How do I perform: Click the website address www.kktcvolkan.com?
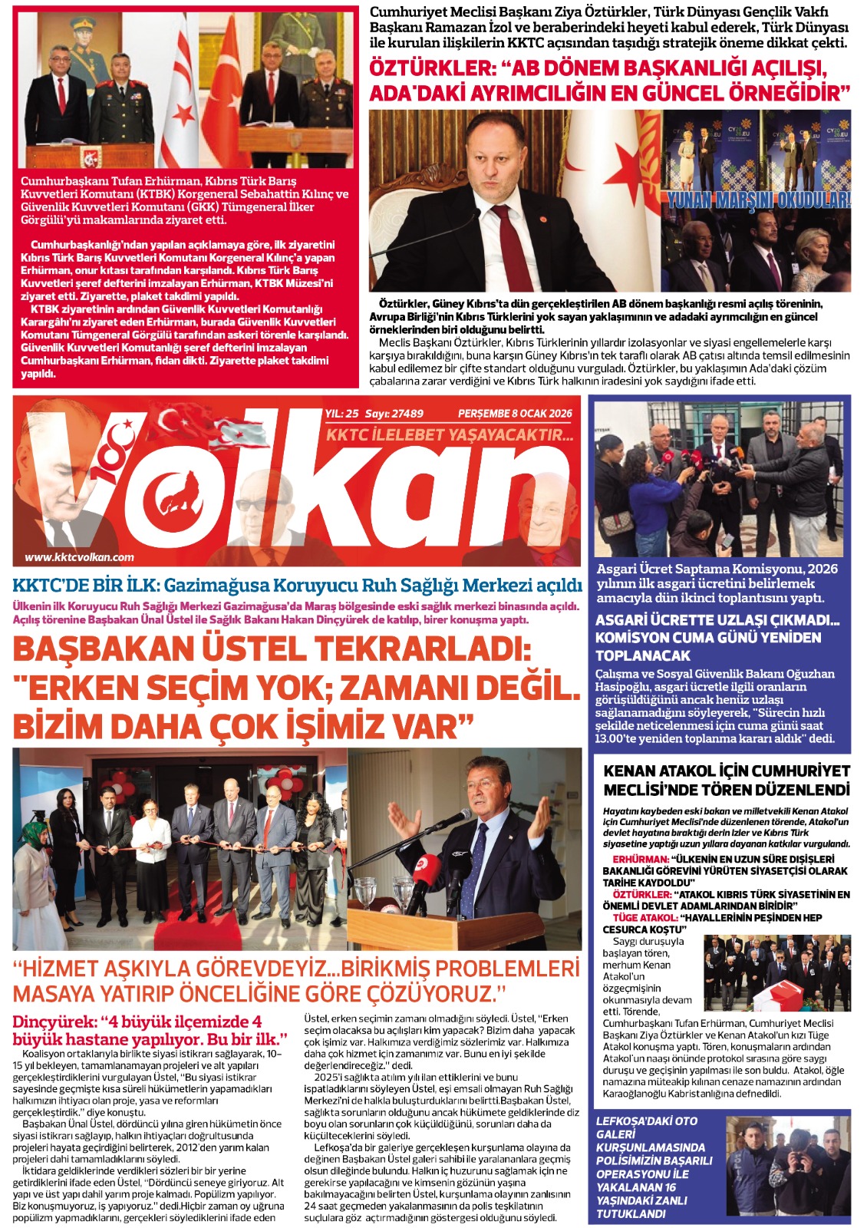79,557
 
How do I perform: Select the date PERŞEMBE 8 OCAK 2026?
515,413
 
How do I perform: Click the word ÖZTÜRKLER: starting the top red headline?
433,68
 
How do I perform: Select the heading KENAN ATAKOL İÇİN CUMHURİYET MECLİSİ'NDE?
727,779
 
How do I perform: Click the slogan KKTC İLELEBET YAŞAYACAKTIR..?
450,435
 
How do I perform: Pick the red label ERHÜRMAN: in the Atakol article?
641,859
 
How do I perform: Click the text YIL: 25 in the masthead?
341,413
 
